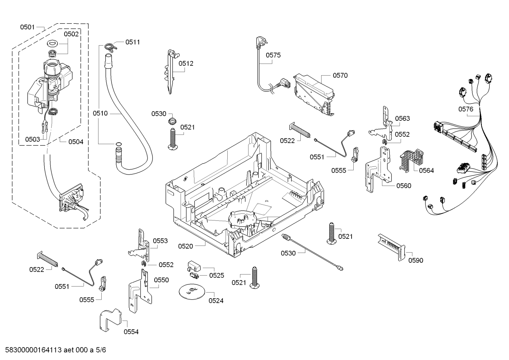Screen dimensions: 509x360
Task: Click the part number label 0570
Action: coord(340,75)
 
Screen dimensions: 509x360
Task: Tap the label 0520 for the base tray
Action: coord(185,246)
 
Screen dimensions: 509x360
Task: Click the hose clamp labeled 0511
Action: coord(110,47)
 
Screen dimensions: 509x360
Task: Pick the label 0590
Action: coord(415,260)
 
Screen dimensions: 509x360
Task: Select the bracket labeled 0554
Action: coord(110,319)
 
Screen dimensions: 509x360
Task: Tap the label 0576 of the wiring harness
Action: coord(466,109)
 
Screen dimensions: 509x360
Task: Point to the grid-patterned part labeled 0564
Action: coord(411,160)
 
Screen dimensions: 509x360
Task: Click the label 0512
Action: coord(186,64)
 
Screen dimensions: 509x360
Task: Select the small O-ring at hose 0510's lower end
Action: coord(118,144)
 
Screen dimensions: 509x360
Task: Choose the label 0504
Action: coord(76,142)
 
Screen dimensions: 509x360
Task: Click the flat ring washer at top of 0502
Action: coord(53,43)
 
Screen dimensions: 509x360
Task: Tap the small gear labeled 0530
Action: coord(172,121)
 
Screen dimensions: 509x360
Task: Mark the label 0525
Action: coord(216,276)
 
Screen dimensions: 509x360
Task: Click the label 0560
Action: coord(404,186)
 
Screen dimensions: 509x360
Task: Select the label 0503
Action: coord(32,139)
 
